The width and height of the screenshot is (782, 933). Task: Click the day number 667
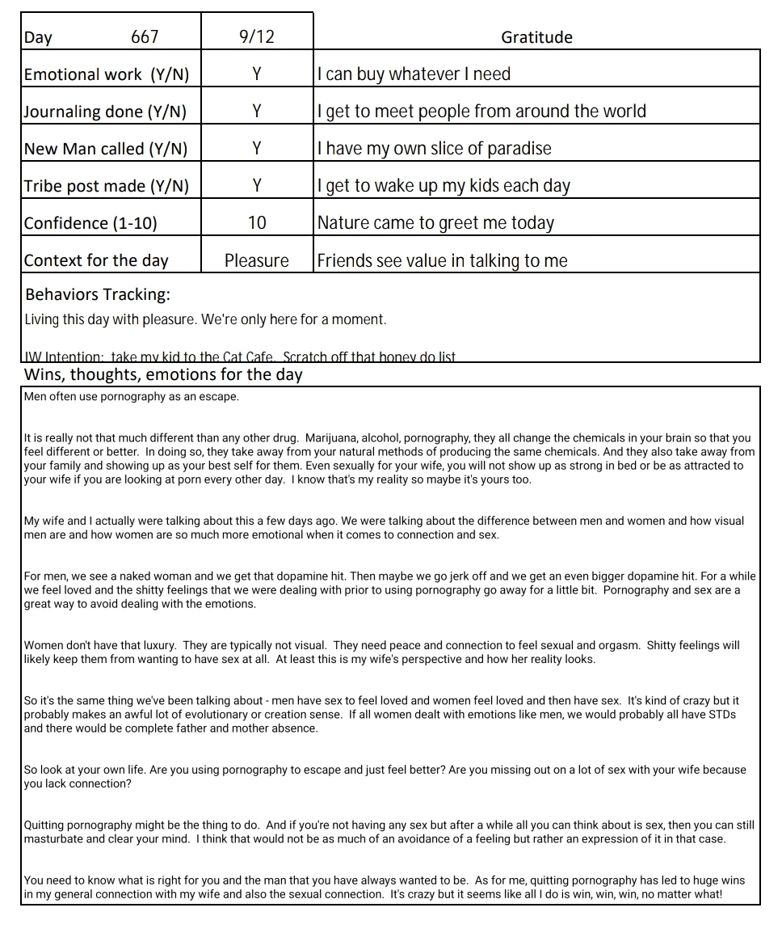145,37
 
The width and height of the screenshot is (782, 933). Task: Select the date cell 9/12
256,37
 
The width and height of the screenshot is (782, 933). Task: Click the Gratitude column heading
536,37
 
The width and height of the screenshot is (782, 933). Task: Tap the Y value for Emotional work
256,74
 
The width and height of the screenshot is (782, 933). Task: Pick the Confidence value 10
256,223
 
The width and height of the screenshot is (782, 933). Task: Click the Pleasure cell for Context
256,260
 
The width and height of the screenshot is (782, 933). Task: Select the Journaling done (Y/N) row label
105,112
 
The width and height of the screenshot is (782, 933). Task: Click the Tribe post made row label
106,186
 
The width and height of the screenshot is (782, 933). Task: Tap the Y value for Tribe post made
256,186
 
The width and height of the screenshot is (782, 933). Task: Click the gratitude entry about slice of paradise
434,149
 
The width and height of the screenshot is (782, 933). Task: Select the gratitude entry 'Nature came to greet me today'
435,223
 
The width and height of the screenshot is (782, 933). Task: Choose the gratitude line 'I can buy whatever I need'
414,74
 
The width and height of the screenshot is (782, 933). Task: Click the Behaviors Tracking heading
98,294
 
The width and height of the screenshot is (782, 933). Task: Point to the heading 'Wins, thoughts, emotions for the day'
163,374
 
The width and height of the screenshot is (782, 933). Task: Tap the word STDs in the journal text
719,715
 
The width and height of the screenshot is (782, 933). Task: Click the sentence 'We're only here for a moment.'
293,319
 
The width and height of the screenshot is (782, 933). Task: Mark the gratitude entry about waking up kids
444,186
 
